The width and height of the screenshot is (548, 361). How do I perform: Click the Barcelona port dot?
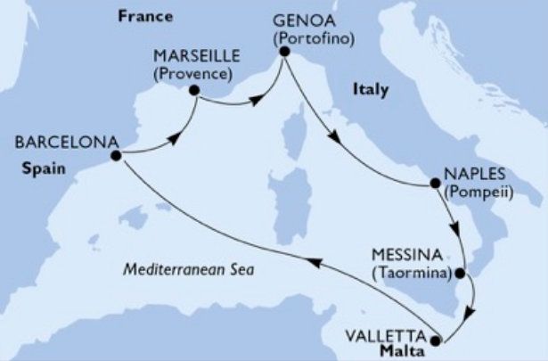(116, 156)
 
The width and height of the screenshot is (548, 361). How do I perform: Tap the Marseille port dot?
(194, 89)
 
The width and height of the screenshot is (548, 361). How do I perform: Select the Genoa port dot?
(283, 52)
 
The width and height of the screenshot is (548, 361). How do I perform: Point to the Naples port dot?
(435, 185)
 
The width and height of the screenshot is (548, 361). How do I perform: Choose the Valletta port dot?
(435, 340)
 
